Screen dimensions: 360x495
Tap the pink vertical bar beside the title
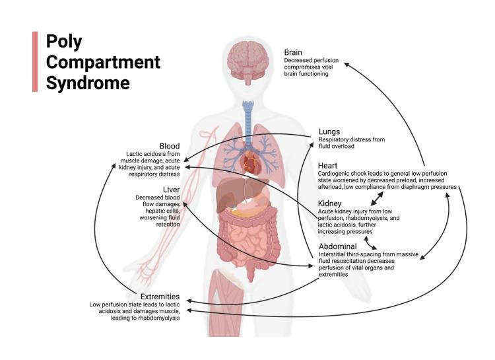[x=35, y=61]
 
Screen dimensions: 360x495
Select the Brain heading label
[x=295, y=52]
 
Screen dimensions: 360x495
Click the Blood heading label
[x=170, y=145]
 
